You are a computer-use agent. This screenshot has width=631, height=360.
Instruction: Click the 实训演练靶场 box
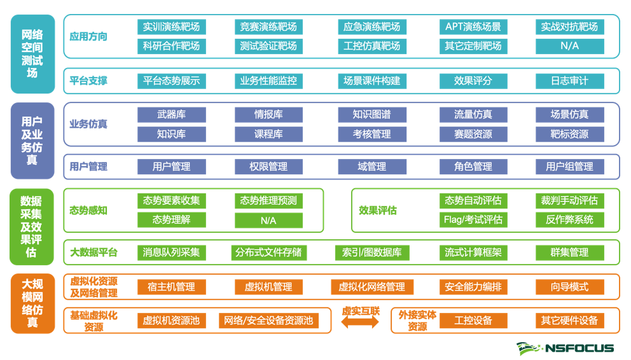coord(171,27)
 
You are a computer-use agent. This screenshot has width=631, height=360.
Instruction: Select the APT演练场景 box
coord(473,27)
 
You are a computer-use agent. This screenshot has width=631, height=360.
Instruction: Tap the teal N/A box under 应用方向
coord(569,46)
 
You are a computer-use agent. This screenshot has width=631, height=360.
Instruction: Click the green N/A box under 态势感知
coord(268,220)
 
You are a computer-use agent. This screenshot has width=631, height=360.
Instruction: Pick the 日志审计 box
coord(569,81)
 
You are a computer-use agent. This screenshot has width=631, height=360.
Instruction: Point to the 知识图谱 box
coord(372,114)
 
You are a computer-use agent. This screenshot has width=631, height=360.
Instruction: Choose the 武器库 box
coord(171,114)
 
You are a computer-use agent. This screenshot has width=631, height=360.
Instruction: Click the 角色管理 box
coord(473,167)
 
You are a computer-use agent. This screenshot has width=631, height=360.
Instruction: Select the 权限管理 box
coord(268,167)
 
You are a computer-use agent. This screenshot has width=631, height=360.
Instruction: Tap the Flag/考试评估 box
coord(473,219)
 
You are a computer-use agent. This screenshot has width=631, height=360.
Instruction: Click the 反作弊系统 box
coord(569,219)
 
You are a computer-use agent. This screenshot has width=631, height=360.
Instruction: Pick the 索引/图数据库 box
coord(372,253)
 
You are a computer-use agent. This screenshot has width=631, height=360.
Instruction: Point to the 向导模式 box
coord(569,287)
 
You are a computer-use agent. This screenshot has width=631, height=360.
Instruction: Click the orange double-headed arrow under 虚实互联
coord(361,323)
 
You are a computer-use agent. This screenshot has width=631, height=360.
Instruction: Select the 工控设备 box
coord(473,321)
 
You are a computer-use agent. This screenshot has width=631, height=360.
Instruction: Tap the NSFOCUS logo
coord(565,348)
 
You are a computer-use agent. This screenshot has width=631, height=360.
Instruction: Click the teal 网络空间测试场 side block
coord(32,54)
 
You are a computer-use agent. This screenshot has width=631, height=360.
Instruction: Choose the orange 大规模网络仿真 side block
coord(32,303)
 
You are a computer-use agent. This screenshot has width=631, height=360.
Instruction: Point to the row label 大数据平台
coord(94,253)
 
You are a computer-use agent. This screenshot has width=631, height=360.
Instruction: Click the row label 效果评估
coord(378,211)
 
